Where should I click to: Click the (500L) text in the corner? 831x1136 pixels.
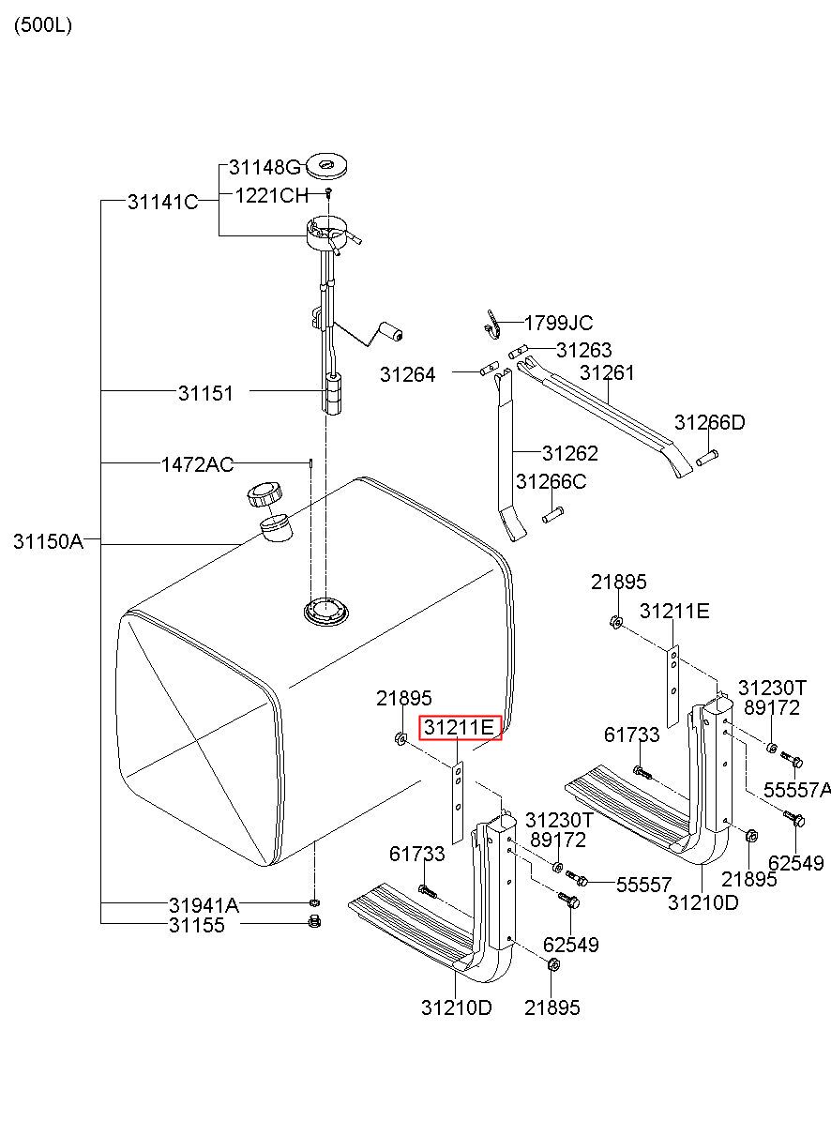tap(42, 25)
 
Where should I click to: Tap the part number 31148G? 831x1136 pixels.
tap(264, 168)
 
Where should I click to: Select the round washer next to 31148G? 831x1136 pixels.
tap(329, 167)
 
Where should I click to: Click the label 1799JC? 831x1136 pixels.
tap(558, 324)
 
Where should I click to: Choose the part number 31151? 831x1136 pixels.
tap(205, 393)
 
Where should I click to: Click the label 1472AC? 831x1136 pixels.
tap(197, 463)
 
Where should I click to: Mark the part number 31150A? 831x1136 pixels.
tap(48, 541)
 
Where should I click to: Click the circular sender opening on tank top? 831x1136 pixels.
tap(325, 611)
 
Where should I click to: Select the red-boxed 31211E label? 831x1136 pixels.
tap(460, 727)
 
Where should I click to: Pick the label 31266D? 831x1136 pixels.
tap(709, 423)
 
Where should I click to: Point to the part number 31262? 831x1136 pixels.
tap(569, 453)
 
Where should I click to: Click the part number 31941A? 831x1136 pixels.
tap(204, 905)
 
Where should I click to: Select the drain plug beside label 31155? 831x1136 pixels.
tap(314, 924)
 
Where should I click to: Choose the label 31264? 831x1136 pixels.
tap(407, 375)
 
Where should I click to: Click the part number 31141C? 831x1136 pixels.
tap(162, 201)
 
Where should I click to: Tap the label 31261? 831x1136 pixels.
tap(607, 372)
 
